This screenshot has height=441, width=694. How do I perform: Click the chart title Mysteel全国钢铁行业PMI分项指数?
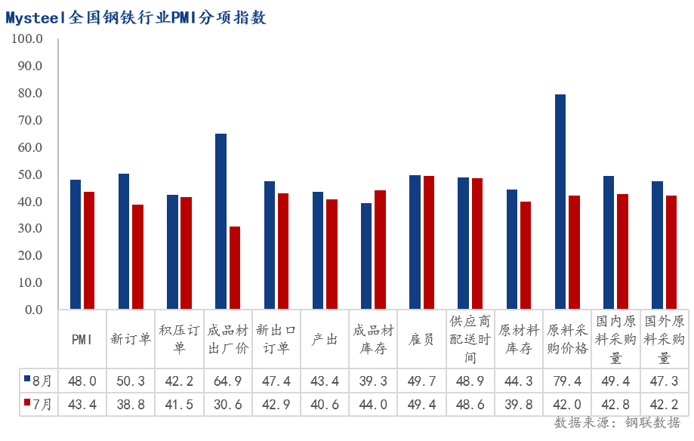pos(136,17)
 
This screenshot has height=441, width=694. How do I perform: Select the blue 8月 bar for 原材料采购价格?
pos(560,202)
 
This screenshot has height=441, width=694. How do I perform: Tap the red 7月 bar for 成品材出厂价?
pos(235,268)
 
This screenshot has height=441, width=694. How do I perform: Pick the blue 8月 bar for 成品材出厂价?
pos(221,221)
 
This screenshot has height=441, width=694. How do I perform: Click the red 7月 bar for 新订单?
pos(137,257)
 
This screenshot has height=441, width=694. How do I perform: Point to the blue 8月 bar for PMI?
pos(76,245)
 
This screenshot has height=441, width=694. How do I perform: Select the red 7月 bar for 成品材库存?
pos(380,250)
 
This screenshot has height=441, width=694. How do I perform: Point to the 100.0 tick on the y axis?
pos(27,39)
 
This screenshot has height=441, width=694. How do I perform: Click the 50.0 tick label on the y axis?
pos(30,174)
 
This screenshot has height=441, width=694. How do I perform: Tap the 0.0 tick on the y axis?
pos(34,310)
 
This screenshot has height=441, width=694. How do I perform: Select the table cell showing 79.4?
pos(567,381)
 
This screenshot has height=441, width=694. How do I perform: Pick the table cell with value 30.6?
pos(228,404)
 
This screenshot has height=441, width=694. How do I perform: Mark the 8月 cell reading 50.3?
pos(131,381)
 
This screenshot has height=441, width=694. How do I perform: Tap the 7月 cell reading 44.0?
pos(373,404)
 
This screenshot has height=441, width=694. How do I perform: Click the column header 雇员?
pos(421,339)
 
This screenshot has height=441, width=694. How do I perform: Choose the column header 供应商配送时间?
pos(470,339)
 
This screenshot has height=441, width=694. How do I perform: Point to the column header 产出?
pos(325,339)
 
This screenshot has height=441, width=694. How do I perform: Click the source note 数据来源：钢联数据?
pos(617,422)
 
